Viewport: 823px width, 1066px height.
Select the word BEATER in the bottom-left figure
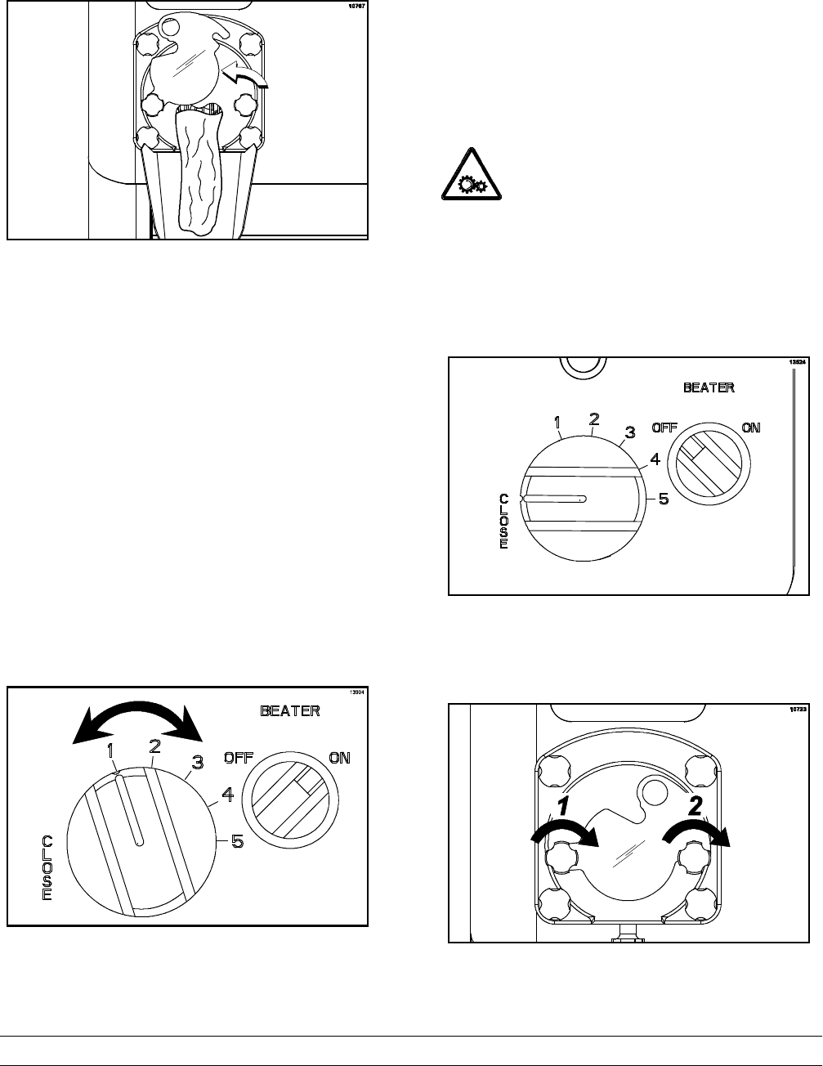(290, 711)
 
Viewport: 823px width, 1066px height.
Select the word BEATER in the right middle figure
(709, 387)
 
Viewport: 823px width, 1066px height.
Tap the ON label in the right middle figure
(749, 428)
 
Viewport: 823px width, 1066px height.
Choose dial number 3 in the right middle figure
(629, 432)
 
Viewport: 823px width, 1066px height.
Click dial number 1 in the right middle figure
(557, 423)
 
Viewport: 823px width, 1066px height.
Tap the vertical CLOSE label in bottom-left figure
(47, 868)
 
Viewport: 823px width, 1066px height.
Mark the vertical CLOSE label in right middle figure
(503, 521)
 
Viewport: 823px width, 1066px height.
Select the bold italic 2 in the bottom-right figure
(695, 807)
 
